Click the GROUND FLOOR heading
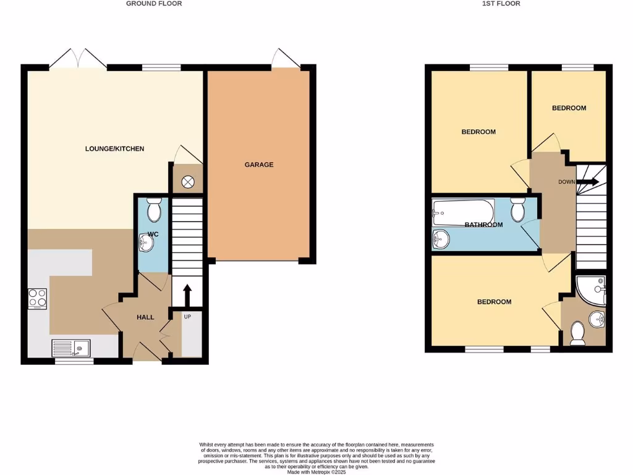tap(154, 4)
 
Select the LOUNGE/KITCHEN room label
tap(114, 148)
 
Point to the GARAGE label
tap(258, 165)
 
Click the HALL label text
tap(145, 317)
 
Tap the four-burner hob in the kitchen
tap(38, 299)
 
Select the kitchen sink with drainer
tap(71, 348)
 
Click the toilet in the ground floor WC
tap(154, 210)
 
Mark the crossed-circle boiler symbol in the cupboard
tap(187, 182)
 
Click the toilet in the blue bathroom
tap(518, 212)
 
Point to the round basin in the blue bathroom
tap(441, 238)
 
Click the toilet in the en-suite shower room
tap(578, 333)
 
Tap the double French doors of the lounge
tap(78, 59)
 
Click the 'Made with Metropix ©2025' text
tap(316, 472)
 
